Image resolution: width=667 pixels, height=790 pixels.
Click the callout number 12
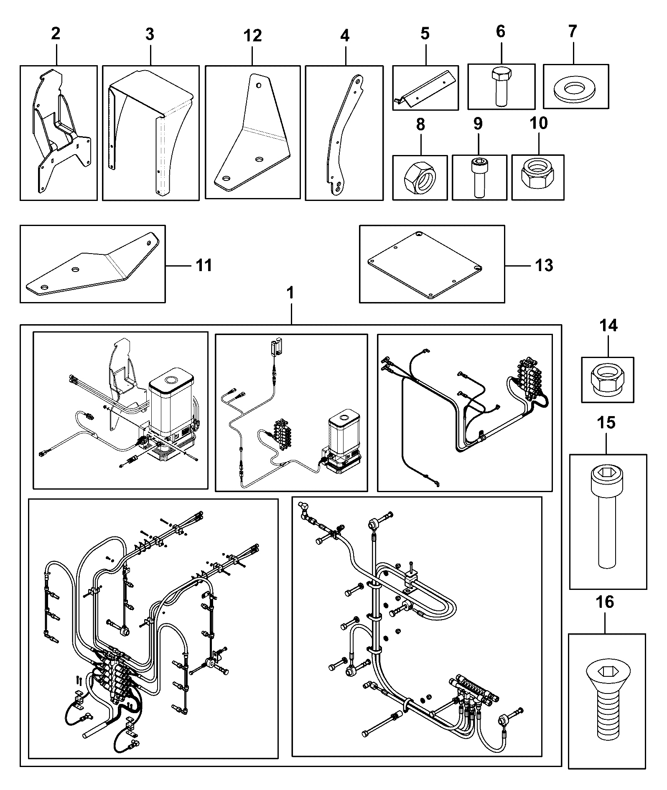252,36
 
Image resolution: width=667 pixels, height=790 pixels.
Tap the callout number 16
606,602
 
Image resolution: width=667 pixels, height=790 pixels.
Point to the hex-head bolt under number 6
500,87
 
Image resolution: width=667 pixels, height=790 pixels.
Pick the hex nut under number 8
420,178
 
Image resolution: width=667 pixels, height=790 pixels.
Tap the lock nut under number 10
537,178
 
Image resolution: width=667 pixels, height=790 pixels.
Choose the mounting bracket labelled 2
61,132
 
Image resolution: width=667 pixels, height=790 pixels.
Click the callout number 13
544,265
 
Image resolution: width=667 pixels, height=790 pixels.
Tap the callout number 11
204,265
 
